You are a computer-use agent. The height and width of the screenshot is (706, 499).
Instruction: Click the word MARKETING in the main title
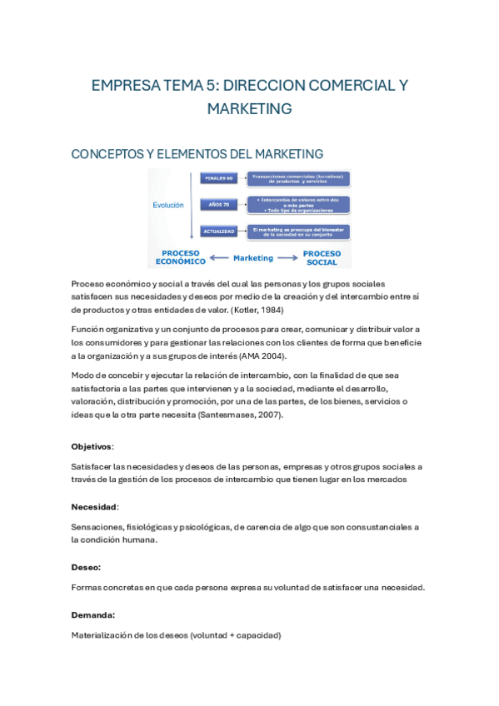249,108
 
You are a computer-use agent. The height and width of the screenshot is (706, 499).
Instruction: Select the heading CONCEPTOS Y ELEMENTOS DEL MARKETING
197,154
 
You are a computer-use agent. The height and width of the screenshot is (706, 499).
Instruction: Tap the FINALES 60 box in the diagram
218,178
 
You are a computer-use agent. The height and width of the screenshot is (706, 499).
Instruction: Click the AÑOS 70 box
218,204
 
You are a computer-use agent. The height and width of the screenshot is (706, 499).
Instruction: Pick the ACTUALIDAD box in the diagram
218,231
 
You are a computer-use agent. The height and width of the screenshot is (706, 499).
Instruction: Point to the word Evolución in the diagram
167,204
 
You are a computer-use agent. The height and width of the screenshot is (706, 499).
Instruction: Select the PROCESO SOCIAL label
322,257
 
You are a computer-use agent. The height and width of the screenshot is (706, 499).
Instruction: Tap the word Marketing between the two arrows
253,258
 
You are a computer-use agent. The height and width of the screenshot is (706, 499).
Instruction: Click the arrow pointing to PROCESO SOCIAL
287,258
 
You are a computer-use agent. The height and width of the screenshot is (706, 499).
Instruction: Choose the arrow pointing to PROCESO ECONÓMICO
219,258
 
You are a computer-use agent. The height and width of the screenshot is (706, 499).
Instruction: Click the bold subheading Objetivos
92,446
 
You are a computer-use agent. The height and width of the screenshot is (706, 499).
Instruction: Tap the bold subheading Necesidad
94,506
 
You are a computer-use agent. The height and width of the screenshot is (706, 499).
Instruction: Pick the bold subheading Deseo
86,567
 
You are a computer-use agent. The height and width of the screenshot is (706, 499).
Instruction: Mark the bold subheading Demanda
92,614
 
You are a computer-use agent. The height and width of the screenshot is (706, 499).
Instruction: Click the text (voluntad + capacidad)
236,635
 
